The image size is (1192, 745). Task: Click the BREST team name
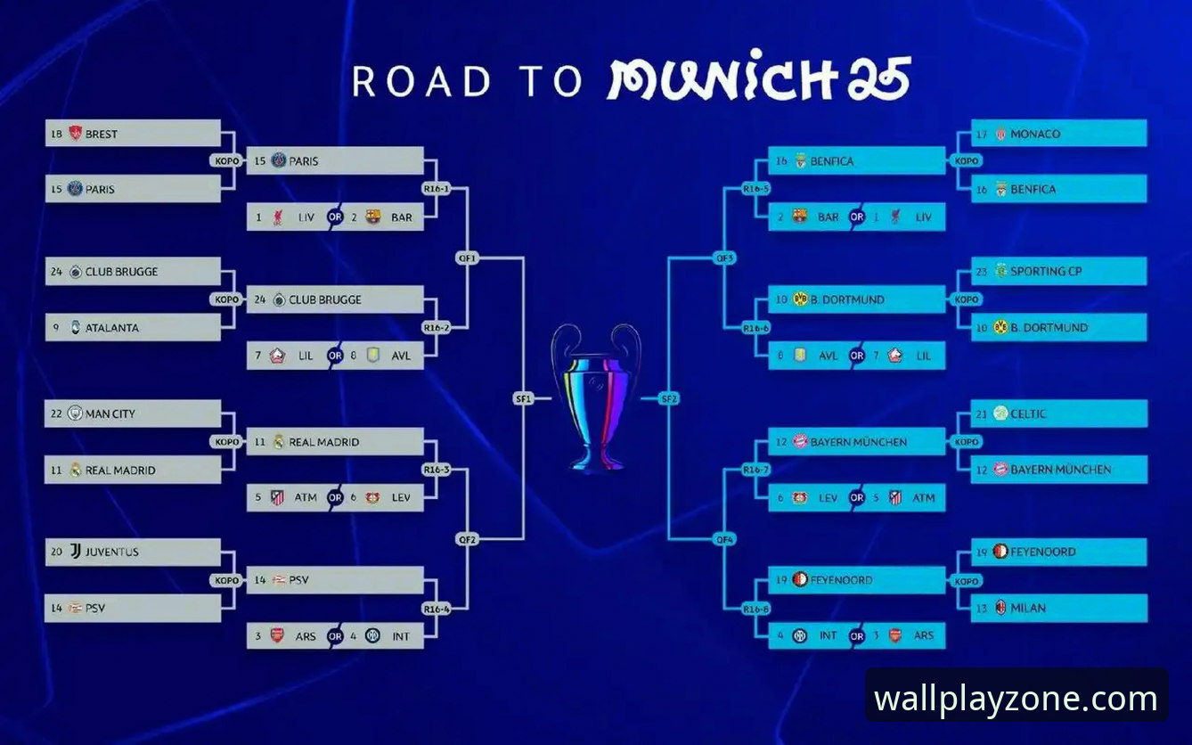click(x=101, y=134)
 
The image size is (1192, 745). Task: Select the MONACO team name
click(x=1035, y=134)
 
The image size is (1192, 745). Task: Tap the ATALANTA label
click(x=111, y=328)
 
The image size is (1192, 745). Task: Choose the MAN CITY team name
click(x=110, y=414)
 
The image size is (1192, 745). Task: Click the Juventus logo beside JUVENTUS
click(x=76, y=552)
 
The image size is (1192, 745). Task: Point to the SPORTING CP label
click(x=1046, y=272)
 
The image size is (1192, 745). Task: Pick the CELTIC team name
click(x=1027, y=414)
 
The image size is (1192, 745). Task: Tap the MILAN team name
click(x=1027, y=608)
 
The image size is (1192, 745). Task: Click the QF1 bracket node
click(x=467, y=258)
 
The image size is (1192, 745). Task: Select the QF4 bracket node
click(x=724, y=540)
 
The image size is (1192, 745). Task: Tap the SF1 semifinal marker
click(x=523, y=398)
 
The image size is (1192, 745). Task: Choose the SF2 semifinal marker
click(x=668, y=398)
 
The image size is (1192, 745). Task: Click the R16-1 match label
click(x=437, y=188)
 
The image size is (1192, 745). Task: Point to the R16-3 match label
click(x=437, y=470)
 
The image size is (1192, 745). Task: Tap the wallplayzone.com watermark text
click(x=1016, y=698)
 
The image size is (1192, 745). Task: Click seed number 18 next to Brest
click(x=56, y=134)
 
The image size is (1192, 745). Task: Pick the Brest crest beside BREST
click(x=76, y=133)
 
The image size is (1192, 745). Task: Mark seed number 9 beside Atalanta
click(x=56, y=328)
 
